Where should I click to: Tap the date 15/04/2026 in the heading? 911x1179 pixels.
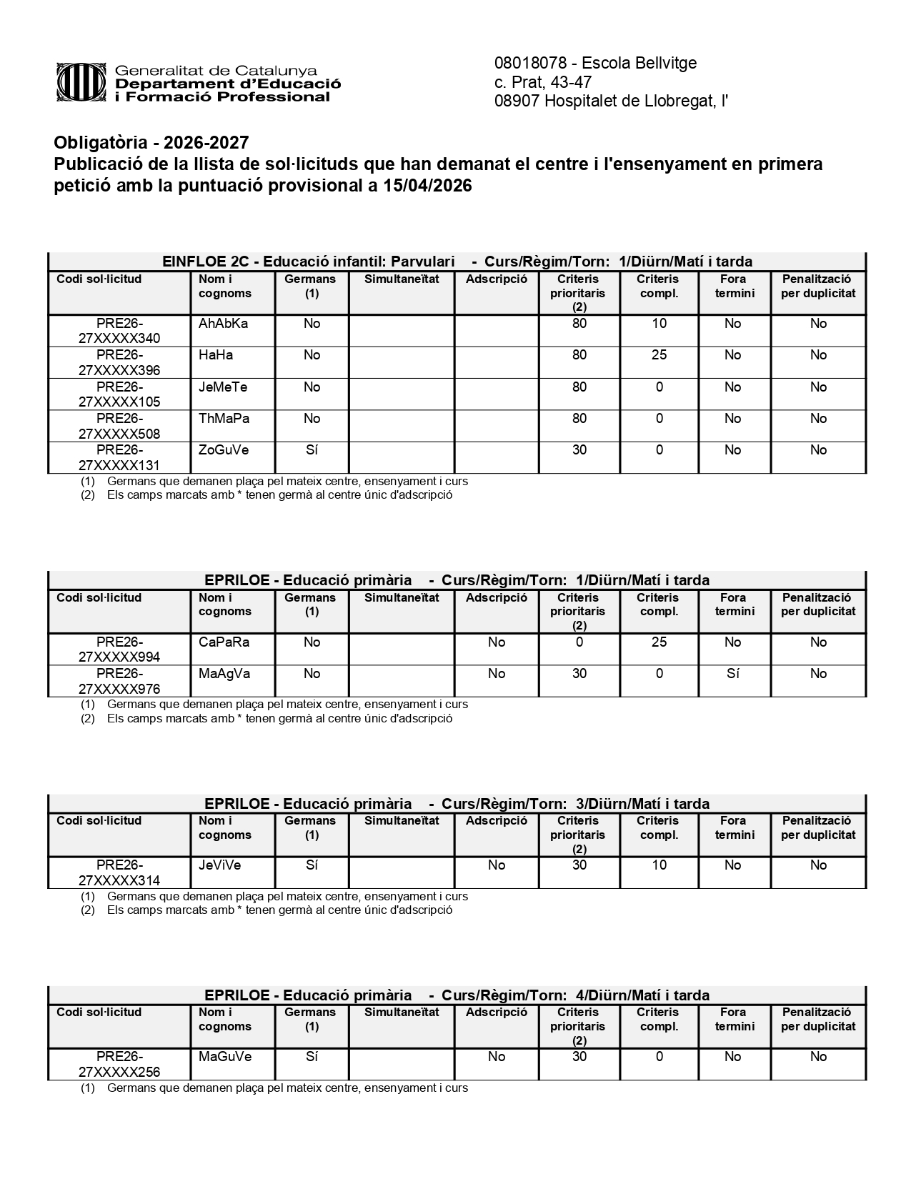[427, 186]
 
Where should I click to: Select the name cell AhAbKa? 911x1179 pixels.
[224, 324]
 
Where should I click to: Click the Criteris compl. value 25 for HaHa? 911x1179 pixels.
[659, 355]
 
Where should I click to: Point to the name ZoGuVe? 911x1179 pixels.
[224, 450]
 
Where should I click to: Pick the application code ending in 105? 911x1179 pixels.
[119, 394]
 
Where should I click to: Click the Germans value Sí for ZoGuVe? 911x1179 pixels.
[312, 450]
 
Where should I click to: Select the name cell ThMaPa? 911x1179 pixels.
[224, 419]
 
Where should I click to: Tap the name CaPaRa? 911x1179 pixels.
[224, 642]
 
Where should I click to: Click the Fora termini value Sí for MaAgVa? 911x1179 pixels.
[732, 674]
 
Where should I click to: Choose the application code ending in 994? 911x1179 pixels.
[119, 650]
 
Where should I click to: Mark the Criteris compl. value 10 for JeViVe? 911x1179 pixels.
[659, 865]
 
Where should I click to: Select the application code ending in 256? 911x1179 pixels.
[119, 1064]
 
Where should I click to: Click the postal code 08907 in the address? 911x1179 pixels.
[517, 101]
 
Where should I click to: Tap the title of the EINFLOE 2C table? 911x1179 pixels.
[457, 262]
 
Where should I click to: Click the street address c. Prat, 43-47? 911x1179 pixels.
[543, 82]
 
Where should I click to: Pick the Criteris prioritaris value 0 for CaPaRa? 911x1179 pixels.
[579, 642]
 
